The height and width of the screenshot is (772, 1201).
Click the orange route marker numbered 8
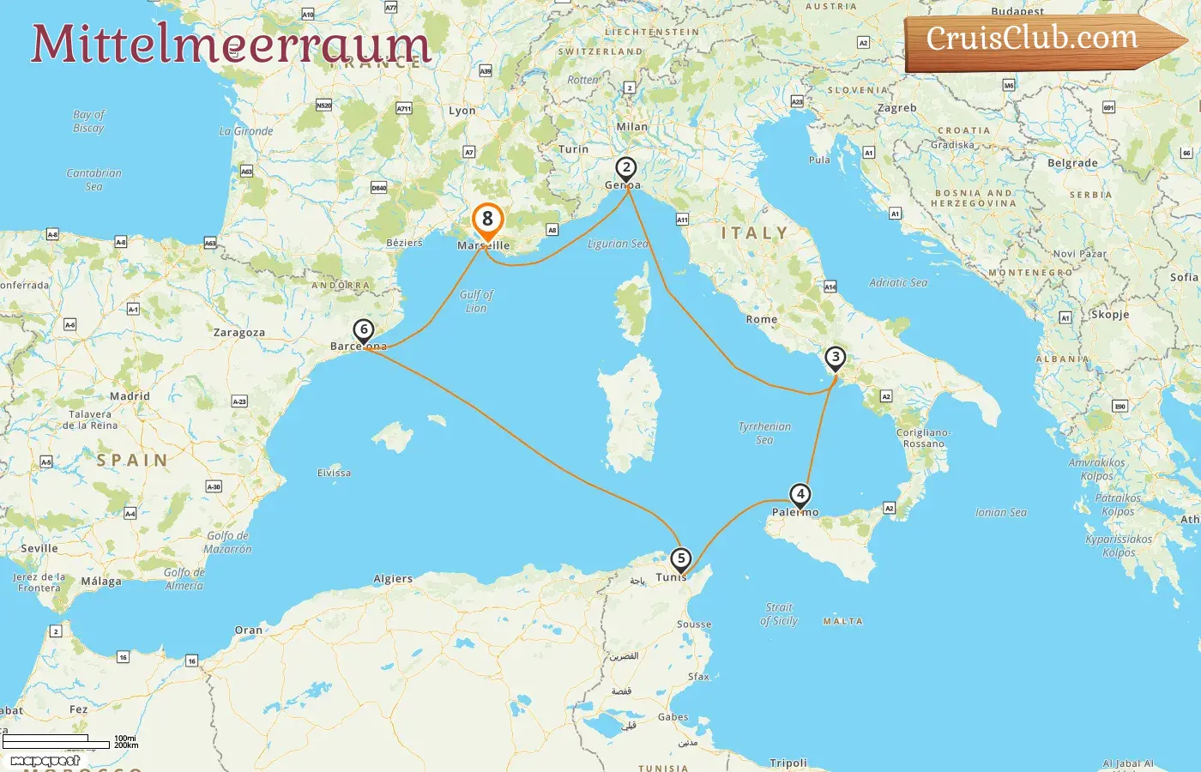487,220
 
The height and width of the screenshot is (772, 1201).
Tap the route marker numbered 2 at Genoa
626,168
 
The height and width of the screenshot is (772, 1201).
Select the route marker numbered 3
835,358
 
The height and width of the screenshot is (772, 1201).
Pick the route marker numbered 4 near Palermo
800,495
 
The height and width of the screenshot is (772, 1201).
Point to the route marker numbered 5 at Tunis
680,559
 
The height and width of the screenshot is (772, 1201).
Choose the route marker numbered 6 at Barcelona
364,330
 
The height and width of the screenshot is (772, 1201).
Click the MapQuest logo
45,761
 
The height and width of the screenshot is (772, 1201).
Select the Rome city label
762,319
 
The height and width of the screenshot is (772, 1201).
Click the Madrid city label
130,396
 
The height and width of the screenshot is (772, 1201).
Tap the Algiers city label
393,579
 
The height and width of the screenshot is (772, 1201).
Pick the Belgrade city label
1072,163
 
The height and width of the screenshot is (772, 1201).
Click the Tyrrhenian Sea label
764,433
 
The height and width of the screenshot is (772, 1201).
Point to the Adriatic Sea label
898,282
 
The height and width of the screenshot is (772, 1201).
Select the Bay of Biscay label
88,121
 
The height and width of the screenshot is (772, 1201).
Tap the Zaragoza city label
239,333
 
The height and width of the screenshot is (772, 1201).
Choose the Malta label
842,621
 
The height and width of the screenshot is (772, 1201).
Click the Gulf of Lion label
476,301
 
